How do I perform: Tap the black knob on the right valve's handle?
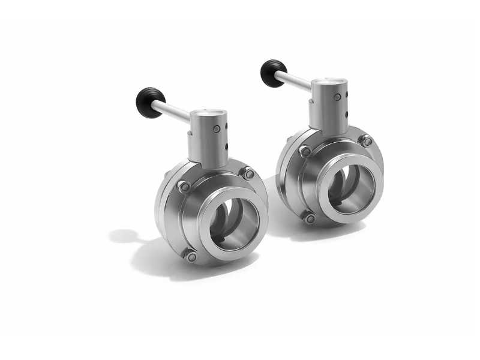click(x=274, y=73)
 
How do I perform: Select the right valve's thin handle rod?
click(x=294, y=81)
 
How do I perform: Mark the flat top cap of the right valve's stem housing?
click(x=329, y=80)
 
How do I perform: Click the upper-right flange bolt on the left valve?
click(x=248, y=174)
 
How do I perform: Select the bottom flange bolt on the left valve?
click(x=191, y=257)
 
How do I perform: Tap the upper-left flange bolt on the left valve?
click(x=184, y=187)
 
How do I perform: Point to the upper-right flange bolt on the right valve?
click(x=367, y=142)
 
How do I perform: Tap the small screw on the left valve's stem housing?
click(x=216, y=129)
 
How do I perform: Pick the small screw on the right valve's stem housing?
click(x=337, y=97)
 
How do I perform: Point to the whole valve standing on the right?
click(x=330, y=156)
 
